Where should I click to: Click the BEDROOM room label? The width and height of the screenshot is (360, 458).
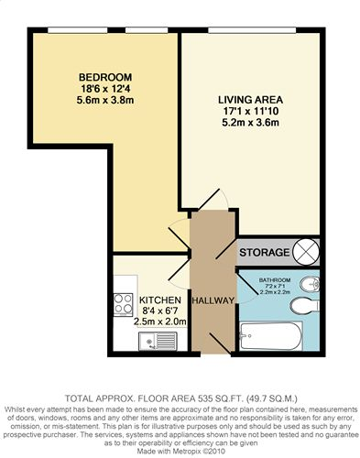point(105,77)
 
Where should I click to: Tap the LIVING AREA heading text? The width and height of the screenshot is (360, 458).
point(250,100)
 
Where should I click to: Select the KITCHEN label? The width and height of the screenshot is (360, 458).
point(160,300)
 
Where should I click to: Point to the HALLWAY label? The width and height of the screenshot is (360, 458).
point(213,300)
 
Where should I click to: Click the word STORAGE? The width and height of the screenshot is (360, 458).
point(264,253)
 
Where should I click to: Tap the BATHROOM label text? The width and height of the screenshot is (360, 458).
point(275,280)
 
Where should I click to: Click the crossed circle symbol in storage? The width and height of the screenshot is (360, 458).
point(306,252)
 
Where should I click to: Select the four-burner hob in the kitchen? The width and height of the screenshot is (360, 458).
point(123,304)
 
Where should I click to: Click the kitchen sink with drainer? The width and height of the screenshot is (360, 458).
point(158,341)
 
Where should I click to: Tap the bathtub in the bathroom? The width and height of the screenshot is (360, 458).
point(271,336)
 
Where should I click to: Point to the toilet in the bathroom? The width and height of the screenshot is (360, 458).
point(305,306)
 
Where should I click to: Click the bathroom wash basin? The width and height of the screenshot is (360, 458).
point(310,285)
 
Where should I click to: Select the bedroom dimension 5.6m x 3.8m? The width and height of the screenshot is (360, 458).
point(105,100)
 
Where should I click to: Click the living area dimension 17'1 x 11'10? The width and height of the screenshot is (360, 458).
point(250,111)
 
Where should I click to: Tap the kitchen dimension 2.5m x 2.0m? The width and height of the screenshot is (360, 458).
point(160,322)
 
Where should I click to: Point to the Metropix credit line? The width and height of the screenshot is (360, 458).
point(181,451)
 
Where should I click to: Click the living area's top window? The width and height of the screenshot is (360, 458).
point(252,30)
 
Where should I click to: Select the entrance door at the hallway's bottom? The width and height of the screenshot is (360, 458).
point(220,343)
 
